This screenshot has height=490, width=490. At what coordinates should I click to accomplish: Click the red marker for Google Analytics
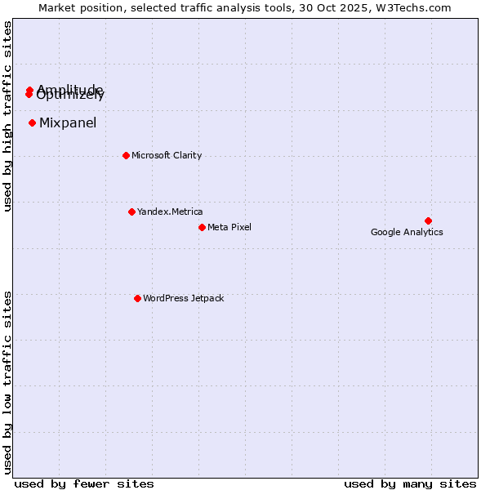pyautogui.click(x=428, y=220)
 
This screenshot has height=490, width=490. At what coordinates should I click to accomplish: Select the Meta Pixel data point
pyautogui.click(x=202, y=227)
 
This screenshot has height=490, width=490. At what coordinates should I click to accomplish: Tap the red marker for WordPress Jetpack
pyautogui.click(x=137, y=298)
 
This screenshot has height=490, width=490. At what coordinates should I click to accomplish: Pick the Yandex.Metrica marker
pyautogui.click(x=131, y=212)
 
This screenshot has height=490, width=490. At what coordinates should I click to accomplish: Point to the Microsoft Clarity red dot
pyautogui.click(x=126, y=155)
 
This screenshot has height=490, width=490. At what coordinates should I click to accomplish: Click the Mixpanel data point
pyautogui.click(x=32, y=123)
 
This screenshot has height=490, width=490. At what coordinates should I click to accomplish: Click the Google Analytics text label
pyautogui.click(x=407, y=232)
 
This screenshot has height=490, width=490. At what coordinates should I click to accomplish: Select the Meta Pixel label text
pyautogui.click(x=229, y=227)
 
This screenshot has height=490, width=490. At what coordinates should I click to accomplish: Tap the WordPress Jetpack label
pyautogui.click(x=183, y=298)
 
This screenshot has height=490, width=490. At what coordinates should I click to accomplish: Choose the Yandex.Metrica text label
pyautogui.click(x=170, y=212)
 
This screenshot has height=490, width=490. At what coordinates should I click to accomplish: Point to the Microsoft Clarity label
pyautogui.click(x=167, y=155)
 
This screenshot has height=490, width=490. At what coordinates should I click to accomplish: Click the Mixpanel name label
pyautogui.click(x=68, y=123)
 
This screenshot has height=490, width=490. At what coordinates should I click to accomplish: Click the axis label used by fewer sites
pyautogui.click(x=84, y=483)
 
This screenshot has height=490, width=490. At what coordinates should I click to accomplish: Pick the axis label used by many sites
pyautogui.click(x=410, y=483)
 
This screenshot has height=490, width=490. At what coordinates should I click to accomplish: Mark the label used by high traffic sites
pyautogui.click(x=7, y=116)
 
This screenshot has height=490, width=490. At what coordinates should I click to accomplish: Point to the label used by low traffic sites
pyautogui.click(x=7, y=381)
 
